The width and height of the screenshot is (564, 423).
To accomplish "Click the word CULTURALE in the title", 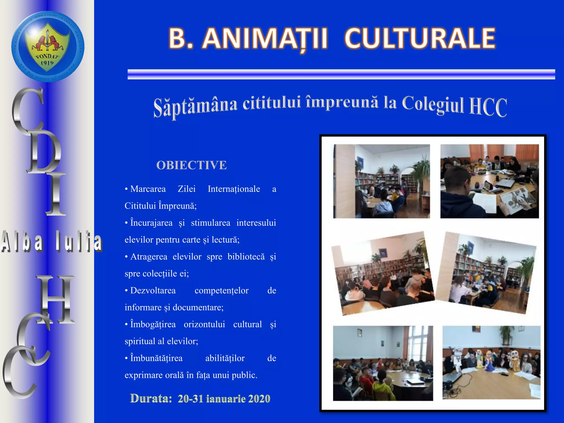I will [x=420, y=39].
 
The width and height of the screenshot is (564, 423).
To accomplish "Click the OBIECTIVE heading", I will [x=191, y=165].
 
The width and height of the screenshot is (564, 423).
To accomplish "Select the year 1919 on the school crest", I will [x=47, y=63].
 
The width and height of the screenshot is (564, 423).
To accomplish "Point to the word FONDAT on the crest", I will [x=47, y=56].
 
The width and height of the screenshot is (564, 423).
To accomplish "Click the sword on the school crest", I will [x=47, y=40].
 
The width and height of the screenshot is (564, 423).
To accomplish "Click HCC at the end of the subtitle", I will [x=488, y=107].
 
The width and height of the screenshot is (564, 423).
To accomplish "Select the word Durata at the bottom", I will [x=151, y=398].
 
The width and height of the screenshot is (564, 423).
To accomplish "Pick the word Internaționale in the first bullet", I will [x=234, y=189].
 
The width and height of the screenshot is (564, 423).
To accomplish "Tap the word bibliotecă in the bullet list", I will [x=246, y=257].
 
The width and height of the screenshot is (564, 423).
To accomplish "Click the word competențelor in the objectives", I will [x=221, y=291].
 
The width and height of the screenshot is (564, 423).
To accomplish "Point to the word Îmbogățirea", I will [x=153, y=324].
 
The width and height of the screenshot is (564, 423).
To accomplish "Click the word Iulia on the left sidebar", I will [x=78, y=242].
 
